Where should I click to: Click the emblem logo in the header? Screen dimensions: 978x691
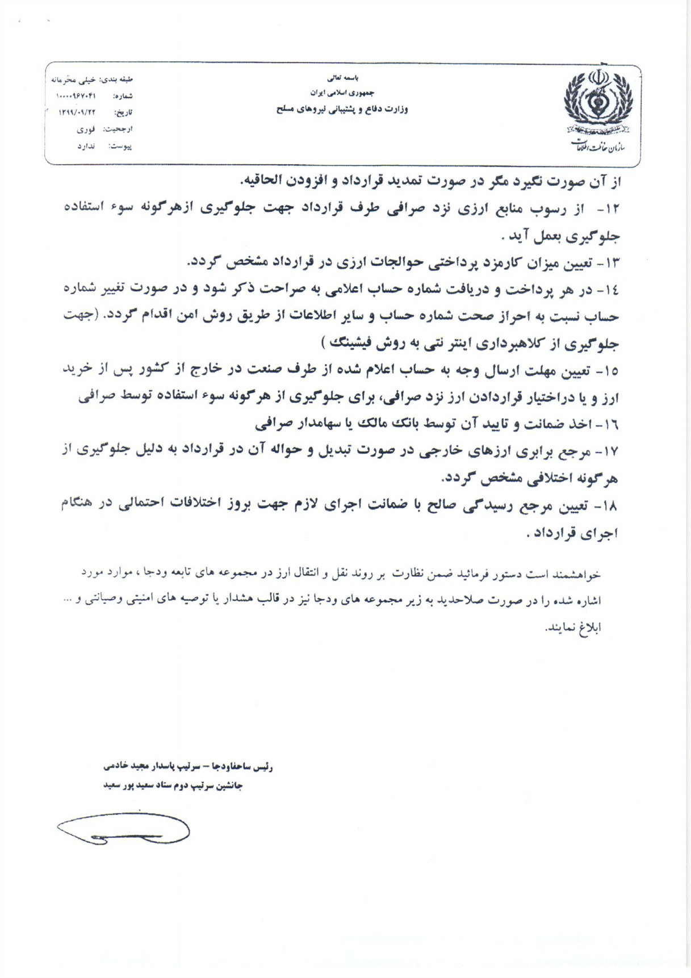tap(598, 101)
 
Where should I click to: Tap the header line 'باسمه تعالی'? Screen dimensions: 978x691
tap(343, 78)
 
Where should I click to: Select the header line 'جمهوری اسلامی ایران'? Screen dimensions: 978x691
tap(342, 92)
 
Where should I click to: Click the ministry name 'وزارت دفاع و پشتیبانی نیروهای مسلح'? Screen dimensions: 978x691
tap(342, 109)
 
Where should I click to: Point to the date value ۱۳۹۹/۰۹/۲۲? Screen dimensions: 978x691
tap(77, 112)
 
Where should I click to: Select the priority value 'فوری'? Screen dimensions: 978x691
tap(86, 129)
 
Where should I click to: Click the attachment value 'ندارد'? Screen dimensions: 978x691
tap(86, 147)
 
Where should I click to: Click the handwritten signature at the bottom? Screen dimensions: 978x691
tap(123, 830)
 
